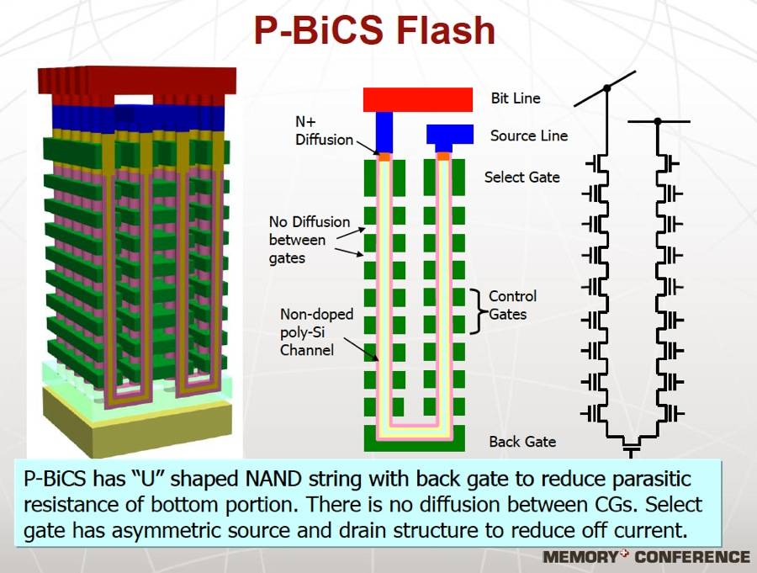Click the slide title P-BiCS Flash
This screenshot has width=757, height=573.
pyautogui.click(x=375, y=31)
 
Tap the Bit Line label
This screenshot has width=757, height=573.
pyautogui.click(x=516, y=98)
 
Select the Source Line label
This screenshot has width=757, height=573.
pyautogui.click(x=529, y=135)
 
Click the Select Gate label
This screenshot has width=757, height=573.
pyautogui.click(x=521, y=178)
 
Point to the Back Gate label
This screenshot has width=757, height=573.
pyautogui.click(x=522, y=442)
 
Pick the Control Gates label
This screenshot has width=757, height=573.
pyautogui.click(x=512, y=305)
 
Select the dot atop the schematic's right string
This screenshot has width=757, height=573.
pyautogui.click(x=658, y=122)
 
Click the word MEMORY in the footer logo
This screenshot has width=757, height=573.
pyautogui.click(x=580, y=557)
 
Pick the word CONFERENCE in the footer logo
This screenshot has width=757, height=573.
pyautogui.click(x=691, y=557)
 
